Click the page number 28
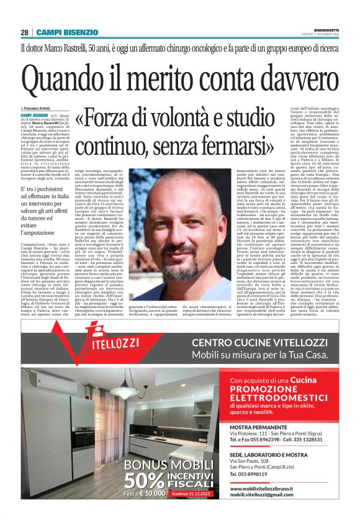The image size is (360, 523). (x=24, y=32)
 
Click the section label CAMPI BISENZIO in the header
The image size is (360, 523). (x=67, y=32)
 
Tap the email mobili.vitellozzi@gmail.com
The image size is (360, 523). (x=262, y=494)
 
